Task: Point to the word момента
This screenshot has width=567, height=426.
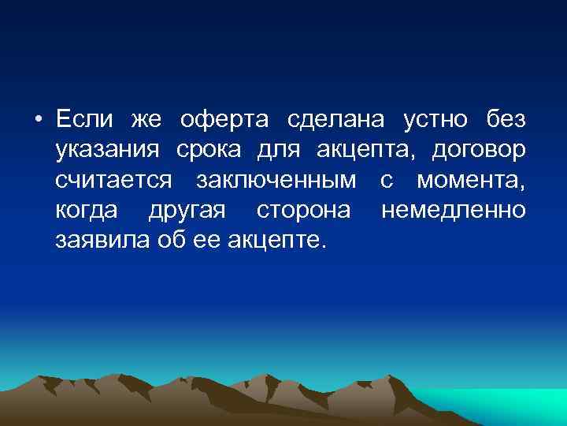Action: click(470, 181)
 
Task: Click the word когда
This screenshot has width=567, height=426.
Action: click(87, 211)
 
